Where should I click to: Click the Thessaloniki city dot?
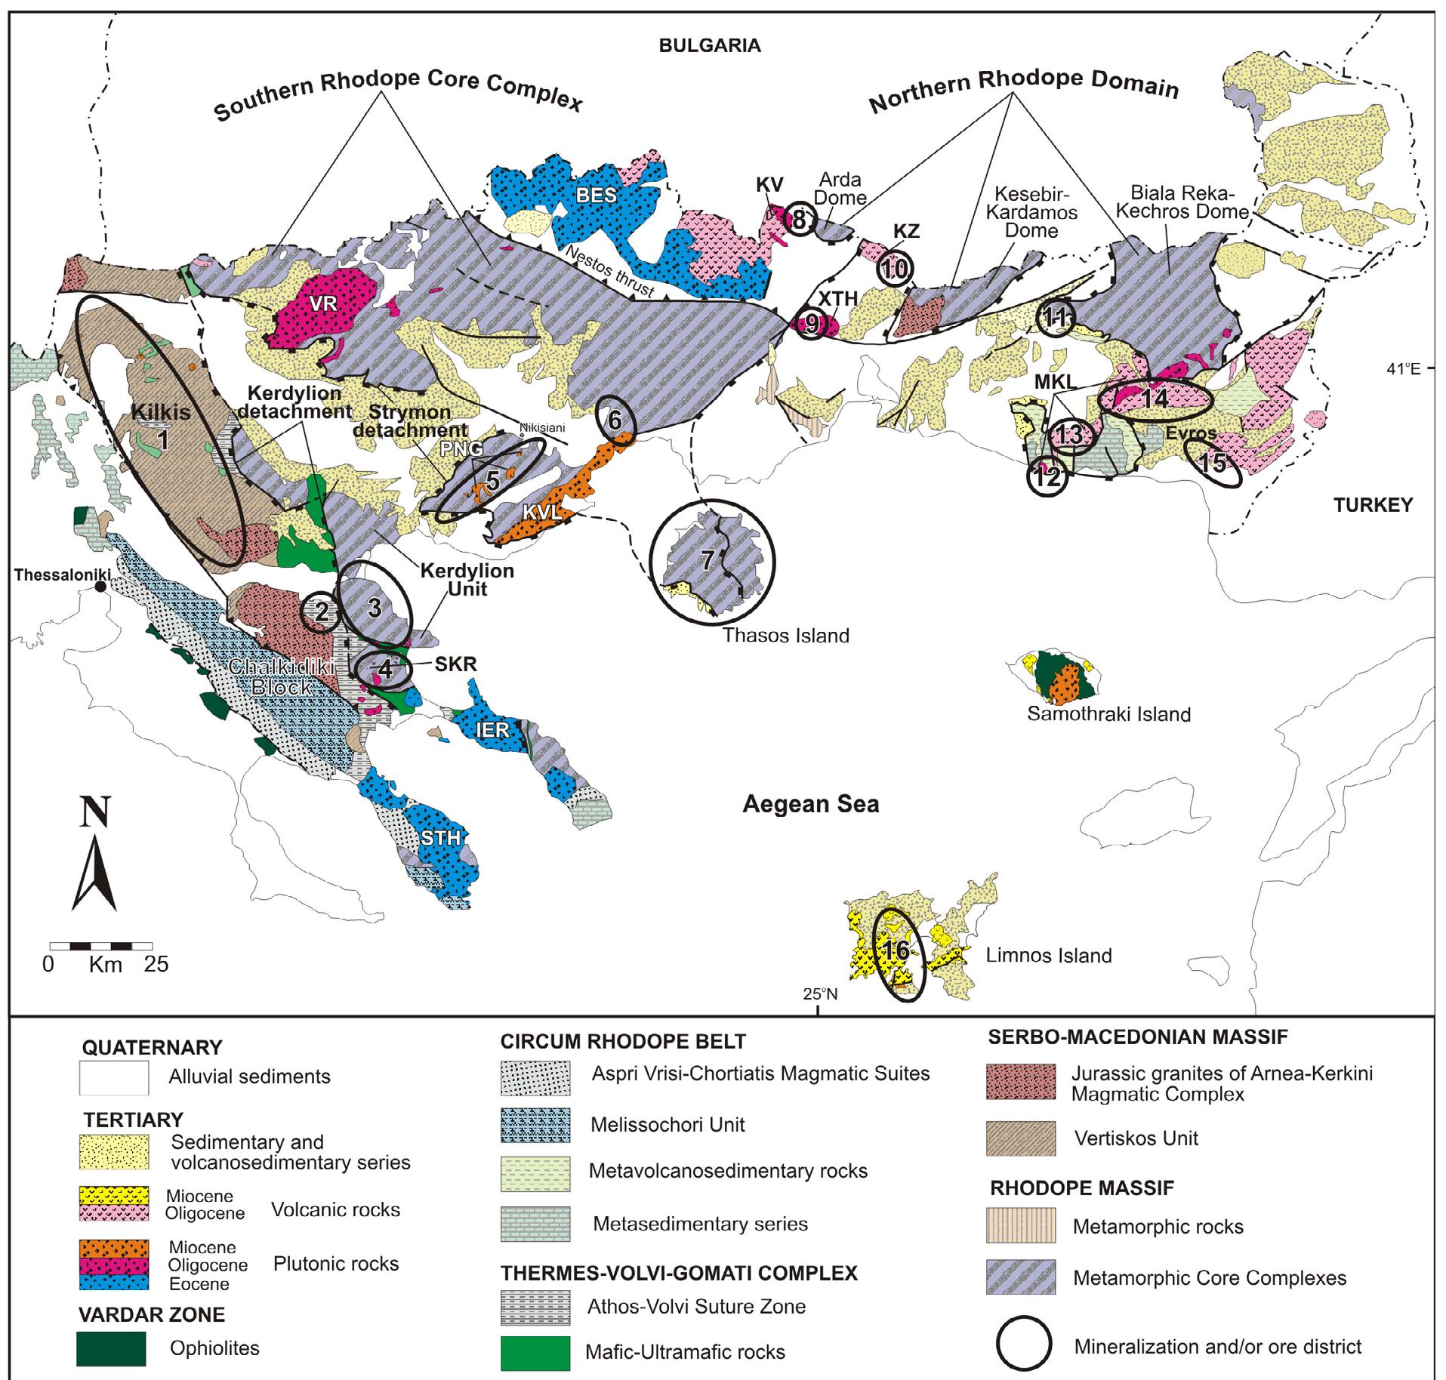(x=99, y=587)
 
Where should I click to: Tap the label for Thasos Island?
(x=786, y=635)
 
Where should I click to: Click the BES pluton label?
(x=596, y=195)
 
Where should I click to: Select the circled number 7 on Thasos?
(x=708, y=560)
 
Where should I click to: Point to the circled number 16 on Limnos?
(x=896, y=950)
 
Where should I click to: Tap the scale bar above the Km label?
(x=100, y=946)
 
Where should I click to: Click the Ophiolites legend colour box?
(x=111, y=1348)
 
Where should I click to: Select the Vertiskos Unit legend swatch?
(x=1021, y=1138)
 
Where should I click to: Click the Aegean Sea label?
(x=810, y=803)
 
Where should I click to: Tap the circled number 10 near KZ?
(x=895, y=269)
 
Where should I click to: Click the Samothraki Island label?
(x=1108, y=713)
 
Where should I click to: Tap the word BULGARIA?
(x=710, y=45)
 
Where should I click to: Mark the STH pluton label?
(x=440, y=838)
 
